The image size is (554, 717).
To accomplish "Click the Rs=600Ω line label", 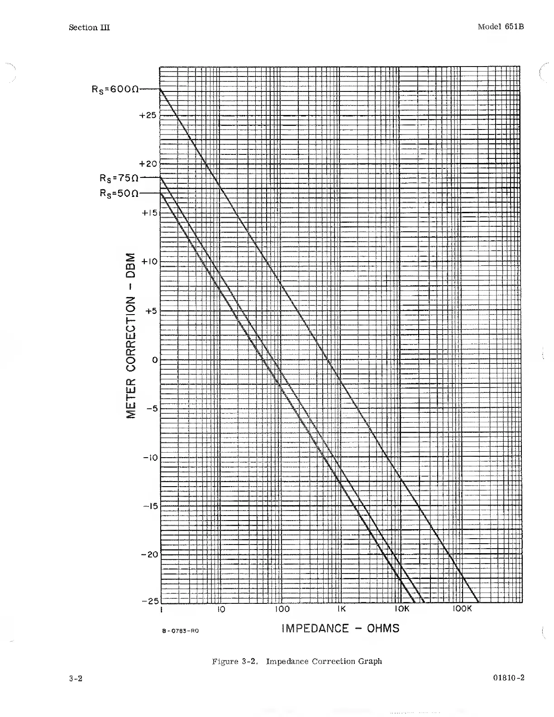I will (x=115, y=89).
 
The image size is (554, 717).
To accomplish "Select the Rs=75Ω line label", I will (x=119, y=177).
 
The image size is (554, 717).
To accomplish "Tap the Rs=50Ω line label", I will (x=119, y=193).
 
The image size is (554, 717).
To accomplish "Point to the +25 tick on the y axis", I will (x=148, y=115).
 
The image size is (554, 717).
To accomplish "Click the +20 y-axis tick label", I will (x=148, y=164).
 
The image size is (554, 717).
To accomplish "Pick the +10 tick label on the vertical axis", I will (x=149, y=262).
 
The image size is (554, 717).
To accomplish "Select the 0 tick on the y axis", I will (x=154, y=360).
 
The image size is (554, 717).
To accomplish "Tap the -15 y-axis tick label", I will (x=149, y=506).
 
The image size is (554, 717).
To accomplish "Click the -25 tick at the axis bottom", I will (x=150, y=601).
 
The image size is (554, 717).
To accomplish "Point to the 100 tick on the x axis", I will (x=282, y=609).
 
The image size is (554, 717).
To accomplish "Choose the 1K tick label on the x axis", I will (x=341, y=609).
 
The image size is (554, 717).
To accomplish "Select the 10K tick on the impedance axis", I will (x=402, y=609).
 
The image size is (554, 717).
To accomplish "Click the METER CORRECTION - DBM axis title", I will (x=131, y=334).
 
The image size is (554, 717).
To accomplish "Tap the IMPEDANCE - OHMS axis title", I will (x=340, y=628).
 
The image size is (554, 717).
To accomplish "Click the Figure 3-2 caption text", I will (x=297, y=661).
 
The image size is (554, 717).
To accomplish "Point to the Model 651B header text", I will (x=501, y=27).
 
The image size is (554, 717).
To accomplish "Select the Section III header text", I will (x=89, y=28).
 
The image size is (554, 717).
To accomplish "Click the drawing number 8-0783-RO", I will (x=180, y=631).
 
